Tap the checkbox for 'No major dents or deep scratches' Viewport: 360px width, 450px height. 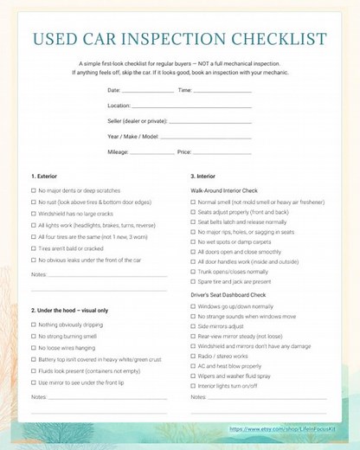(x=34, y=190)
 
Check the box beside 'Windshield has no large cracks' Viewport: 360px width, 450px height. (x=34, y=212)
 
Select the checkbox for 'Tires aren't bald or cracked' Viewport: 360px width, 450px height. (x=34, y=247)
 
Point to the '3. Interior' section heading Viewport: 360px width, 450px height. (x=203, y=177)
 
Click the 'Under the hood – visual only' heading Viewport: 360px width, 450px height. (x=74, y=310)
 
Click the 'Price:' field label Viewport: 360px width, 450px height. (x=184, y=151)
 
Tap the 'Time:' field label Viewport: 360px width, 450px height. (x=184, y=90)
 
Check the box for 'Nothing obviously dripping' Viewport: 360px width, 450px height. (x=34, y=324)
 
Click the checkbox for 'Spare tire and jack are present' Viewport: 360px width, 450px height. (x=193, y=280)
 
